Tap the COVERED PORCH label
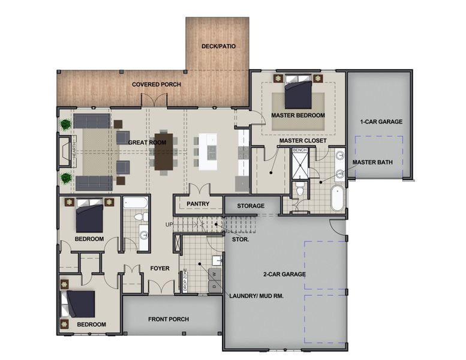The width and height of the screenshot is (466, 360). (157, 85)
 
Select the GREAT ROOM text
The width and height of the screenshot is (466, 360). (147, 142)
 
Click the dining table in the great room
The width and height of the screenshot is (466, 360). (164, 151)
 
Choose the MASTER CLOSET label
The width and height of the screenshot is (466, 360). (302, 140)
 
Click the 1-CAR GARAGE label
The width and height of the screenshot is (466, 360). (381, 122)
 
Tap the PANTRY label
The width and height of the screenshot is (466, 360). (197, 204)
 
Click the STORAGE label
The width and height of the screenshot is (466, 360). (251, 206)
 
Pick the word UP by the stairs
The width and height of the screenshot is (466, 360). (170, 225)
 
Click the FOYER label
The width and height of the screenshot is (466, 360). (160, 268)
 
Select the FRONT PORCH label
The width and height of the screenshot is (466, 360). (169, 319)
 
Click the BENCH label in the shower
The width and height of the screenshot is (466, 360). (300, 149)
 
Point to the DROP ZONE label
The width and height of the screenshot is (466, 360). (185, 280)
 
